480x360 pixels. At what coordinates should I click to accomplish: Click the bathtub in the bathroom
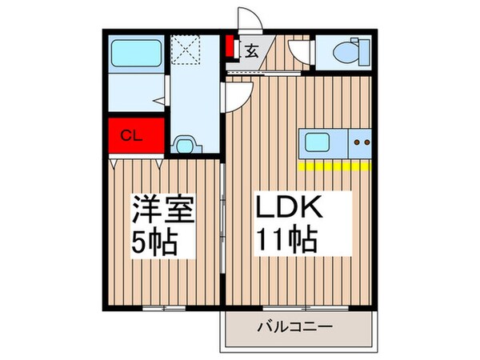[x=134, y=54]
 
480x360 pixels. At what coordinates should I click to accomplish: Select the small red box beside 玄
[x=230, y=47]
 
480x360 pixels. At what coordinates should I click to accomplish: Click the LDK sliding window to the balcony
[x=304, y=307]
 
